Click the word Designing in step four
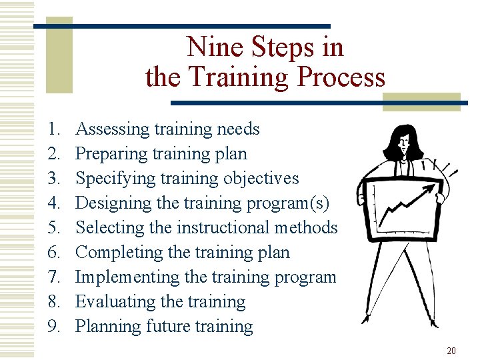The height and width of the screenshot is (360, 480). pyautogui.click(x=112, y=203)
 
